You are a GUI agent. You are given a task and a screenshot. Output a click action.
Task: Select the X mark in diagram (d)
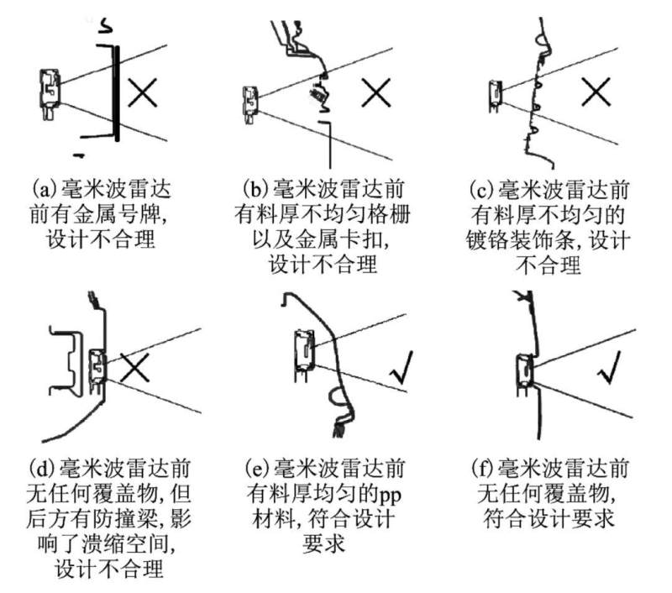point(134,368)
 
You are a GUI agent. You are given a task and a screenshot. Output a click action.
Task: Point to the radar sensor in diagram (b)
point(249,99)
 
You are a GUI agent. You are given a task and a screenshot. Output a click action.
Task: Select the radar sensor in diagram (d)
point(97,366)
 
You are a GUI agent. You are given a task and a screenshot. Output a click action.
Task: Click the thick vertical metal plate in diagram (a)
point(118,92)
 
